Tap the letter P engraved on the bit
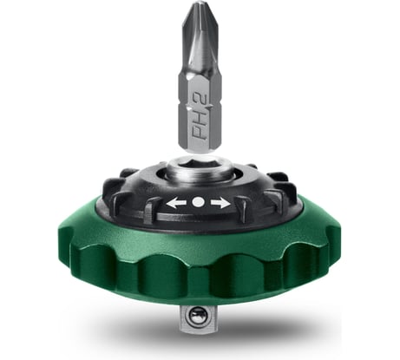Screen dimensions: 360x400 tap(198, 138)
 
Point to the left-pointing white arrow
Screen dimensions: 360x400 tap(176, 202)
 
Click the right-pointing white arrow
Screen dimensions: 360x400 tap(220, 202)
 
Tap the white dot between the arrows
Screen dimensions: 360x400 tap(198, 201)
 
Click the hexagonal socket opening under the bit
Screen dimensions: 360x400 tap(198, 167)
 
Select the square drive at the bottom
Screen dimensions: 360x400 tap(200, 320)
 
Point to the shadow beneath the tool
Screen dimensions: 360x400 tap(260, 334)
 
